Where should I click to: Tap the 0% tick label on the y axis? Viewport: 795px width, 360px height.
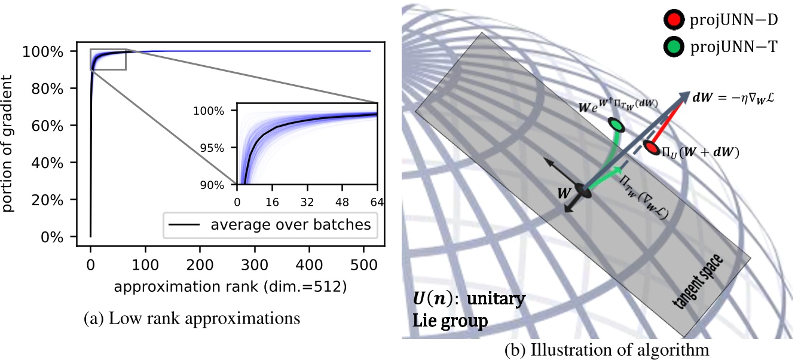(x=63, y=237)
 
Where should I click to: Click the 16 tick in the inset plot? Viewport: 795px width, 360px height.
(x=272, y=202)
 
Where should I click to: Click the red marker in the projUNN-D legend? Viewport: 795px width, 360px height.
(x=672, y=22)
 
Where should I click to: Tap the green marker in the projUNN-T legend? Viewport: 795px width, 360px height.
(x=672, y=46)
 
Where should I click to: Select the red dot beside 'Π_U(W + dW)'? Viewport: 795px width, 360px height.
(x=652, y=147)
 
